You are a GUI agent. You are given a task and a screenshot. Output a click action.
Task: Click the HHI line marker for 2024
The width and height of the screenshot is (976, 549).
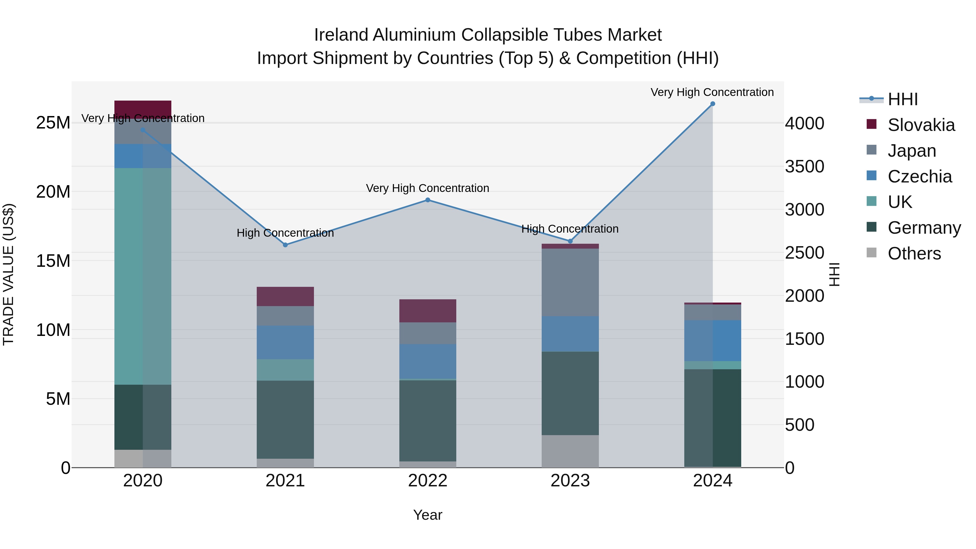pos(712,104)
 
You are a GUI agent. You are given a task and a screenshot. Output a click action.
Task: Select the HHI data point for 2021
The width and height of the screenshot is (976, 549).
pos(285,245)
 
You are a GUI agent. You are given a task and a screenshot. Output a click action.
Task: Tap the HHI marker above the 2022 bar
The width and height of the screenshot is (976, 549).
pos(428,200)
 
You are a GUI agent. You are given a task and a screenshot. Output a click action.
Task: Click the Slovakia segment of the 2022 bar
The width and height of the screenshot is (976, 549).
pos(428,311)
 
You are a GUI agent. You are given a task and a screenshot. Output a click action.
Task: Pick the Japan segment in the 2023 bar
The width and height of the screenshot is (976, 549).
pos(570,282)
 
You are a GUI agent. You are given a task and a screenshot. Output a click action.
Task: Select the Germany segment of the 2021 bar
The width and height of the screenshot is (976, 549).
pos(285,419)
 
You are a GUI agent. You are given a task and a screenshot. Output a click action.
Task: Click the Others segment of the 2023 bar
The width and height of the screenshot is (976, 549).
pos(570,451)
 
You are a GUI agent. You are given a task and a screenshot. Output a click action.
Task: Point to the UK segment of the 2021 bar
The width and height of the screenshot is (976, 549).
pos(285,370)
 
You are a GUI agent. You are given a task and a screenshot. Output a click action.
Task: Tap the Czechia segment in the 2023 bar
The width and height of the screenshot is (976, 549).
pos(570,334)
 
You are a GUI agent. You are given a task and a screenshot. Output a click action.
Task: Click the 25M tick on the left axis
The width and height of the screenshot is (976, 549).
pos(53,123)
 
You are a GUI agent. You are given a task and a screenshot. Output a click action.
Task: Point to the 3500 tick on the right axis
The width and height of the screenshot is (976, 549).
pos(804,166)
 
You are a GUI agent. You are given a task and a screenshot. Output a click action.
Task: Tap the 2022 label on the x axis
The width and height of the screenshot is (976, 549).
pos(428,481)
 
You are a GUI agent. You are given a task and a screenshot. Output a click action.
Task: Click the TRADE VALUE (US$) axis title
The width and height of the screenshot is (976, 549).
pos(8,274)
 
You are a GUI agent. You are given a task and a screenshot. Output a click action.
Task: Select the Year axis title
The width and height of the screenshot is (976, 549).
pos(428,515)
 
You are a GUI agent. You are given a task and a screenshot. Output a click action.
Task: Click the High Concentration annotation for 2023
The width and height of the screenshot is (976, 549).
pos(570,229)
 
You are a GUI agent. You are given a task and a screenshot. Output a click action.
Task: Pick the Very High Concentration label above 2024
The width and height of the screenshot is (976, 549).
pos(712,92)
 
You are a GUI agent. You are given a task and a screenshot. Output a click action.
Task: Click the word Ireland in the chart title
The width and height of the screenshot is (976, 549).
pos(341,35)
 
